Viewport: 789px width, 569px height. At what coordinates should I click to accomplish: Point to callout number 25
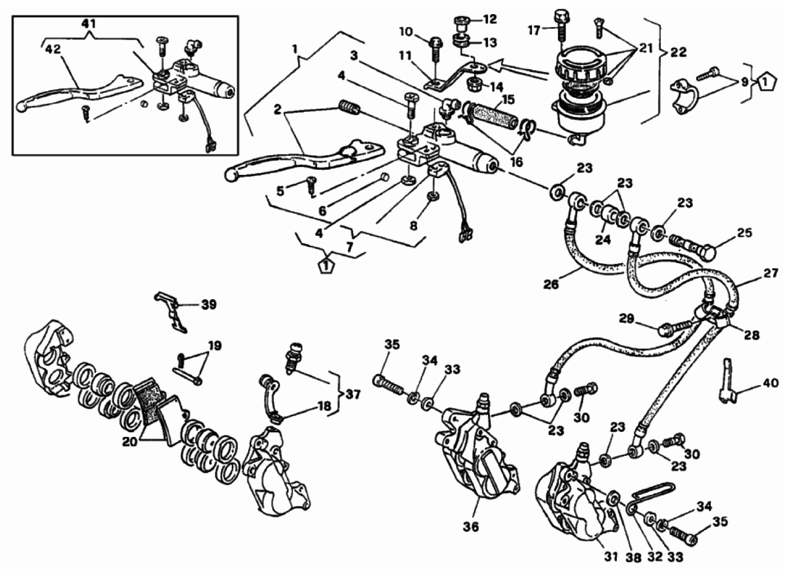click(x=745, y=232)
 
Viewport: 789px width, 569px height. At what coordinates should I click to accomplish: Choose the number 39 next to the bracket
click(x=209, y=304)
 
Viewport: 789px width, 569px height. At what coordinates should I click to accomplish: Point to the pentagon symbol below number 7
click(x=324, y=265)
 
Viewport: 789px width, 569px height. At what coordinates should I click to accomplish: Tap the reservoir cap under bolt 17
click(x=580, y=64)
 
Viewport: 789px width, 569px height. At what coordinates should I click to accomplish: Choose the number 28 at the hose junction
click(x=751, y=335)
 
